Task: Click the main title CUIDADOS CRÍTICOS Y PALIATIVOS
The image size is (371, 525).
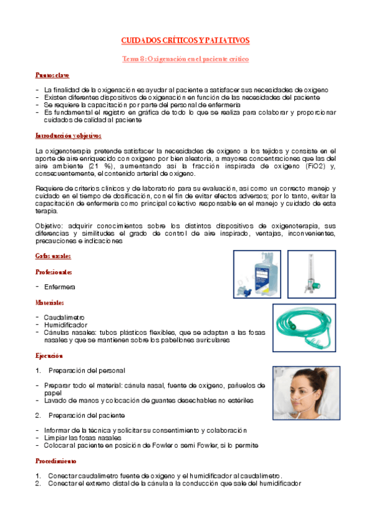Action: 185,40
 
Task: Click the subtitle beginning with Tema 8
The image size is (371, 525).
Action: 185,59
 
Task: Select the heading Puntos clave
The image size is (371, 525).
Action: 52,76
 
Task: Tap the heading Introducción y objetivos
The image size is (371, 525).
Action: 68,136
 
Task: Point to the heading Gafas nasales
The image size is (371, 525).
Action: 53,256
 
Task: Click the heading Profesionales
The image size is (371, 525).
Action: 54,272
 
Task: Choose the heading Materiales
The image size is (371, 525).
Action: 50,303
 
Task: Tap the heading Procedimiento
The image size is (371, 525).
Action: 56,461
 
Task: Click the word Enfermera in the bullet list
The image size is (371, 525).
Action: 59,287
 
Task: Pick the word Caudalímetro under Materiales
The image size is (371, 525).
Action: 64,318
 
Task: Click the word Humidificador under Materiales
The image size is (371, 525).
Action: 65,325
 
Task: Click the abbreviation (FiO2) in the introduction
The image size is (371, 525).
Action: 307,168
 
